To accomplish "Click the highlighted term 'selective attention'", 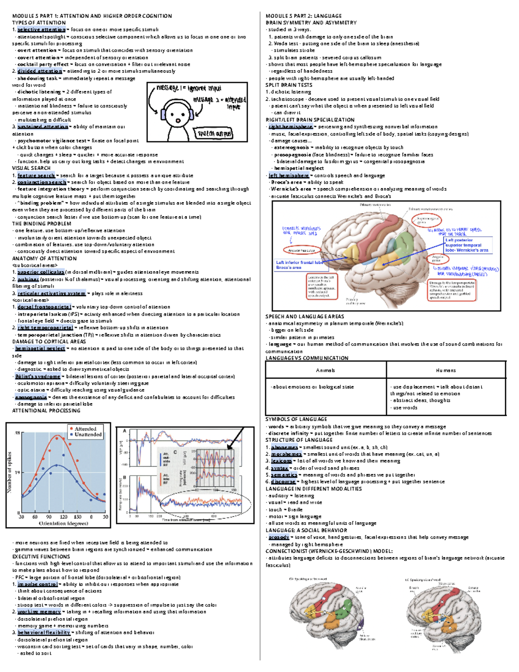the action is click(41, 29).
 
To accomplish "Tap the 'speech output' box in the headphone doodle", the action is click(215, 134).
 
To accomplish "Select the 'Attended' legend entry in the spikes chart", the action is click(85, 428).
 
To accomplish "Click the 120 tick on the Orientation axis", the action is click(64, 517).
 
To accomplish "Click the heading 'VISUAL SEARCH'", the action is click(31, 168).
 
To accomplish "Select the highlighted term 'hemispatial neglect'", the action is click(40, 348).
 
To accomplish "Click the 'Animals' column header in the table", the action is click(325, 370).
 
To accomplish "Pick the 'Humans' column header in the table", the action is click(445, 370).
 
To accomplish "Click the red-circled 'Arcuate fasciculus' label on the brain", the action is click(301, 250).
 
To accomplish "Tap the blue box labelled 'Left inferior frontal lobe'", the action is click(299, 265).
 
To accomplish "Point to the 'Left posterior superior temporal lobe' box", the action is click(468, 245).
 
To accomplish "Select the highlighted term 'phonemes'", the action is click(284, 447).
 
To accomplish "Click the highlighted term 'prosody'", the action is click(279, 537).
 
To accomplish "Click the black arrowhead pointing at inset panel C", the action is click(229, 446).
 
